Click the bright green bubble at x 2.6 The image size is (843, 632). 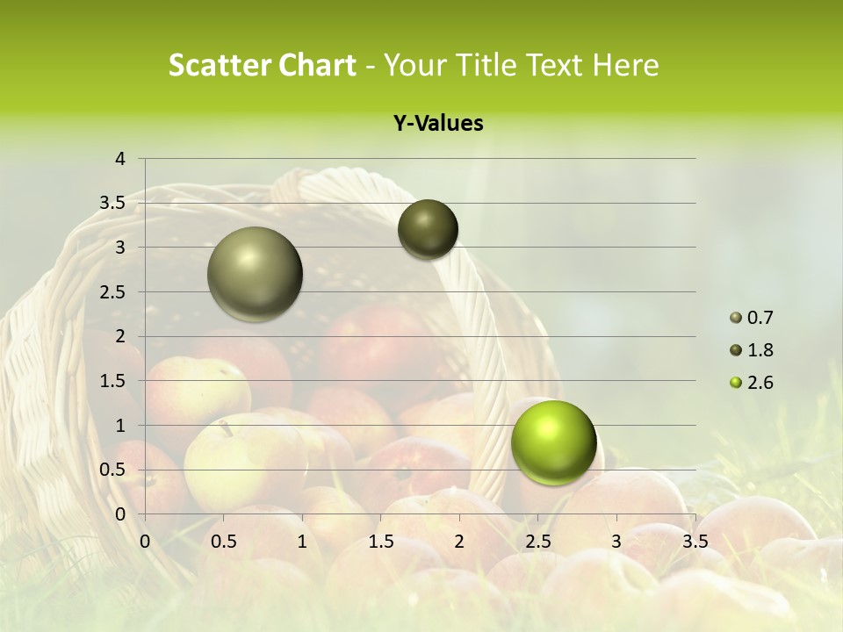(x=553, y=442)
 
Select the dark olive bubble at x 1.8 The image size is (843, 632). (x=428, y=229)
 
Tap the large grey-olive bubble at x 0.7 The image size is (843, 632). (x=255, y=274)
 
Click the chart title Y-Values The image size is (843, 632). (x=438, y=123)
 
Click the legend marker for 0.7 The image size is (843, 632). (x=735, y=318)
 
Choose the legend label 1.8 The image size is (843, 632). (x=760, y=350)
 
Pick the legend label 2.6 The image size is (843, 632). (x=760, y=383)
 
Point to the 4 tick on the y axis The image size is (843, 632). (x=120, y=159)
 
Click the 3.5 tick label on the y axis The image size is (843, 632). (x=112, y=204)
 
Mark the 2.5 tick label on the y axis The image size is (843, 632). (x=112, y=292)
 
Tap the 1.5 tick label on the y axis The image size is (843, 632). (x=112, y=381)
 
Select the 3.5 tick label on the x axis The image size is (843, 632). (x=695, y=541)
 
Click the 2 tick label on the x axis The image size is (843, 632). (x=459, y=541)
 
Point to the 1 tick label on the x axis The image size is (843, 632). (x=302, y=541)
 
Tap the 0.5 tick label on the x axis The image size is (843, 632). (x=223, y=541)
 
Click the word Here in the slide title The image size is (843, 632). (x=625, y=65)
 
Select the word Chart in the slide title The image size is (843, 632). (x=317, y=65)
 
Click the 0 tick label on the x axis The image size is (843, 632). (x=145, y=541)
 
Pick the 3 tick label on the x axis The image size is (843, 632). (x=616, y=541)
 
